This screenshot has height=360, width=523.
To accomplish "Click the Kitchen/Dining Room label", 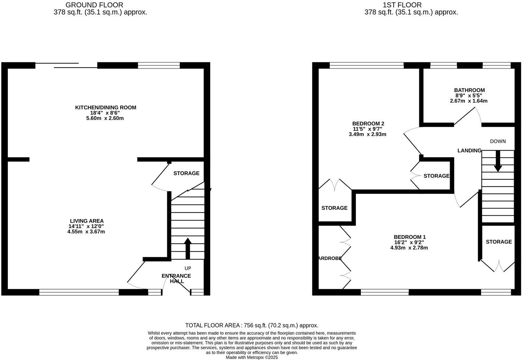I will [105, 108].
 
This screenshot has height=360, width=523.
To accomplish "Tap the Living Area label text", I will [86, 221].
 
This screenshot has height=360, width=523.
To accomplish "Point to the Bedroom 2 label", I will [368, 124].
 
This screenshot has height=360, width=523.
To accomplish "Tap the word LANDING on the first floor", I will [469, 151].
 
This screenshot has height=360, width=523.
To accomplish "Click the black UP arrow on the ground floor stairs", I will [188, 248].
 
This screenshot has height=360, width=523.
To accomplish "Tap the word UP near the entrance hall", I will [188, 268].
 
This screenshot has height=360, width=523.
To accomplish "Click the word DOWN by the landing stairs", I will [498, 141].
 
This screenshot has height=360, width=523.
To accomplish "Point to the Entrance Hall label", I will [176, 278].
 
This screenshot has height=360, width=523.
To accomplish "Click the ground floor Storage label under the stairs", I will [186, 173].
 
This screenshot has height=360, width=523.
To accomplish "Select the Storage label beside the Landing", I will [436, 176].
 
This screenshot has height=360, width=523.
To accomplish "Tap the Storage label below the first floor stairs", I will [498, 242].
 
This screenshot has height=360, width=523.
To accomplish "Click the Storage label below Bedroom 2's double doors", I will [334, 208].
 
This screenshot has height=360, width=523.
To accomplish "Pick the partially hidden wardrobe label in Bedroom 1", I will [330, 258].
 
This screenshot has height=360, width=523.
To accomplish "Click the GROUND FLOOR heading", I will [94, 5].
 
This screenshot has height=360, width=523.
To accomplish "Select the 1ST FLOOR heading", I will [402, 5].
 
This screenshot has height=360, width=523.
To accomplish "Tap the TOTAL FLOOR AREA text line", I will [251, 325].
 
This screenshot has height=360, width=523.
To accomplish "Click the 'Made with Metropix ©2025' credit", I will [251, 357].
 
